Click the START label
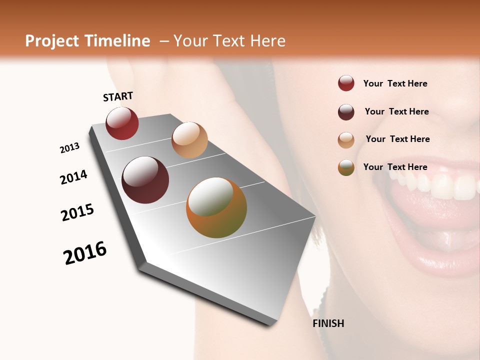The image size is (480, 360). coord(118,96)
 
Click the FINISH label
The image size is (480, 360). coord(328,323)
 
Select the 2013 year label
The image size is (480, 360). coord(70,148)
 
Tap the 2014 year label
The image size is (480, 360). coord(74,177)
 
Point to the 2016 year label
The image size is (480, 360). coord(85,253)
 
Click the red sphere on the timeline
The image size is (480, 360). coord(122,123)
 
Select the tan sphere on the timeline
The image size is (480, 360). coord(189,140)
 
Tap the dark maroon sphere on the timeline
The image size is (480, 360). coord(145,180)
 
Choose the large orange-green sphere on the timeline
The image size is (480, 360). coord(216,207)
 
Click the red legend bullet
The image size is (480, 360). coord(346,83)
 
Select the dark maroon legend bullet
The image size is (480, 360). coord(346,112)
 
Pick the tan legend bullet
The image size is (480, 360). coord(346,140)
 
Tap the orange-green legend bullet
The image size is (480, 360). coord(346,167)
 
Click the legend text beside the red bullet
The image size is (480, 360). coord(395,83)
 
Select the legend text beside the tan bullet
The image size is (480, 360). coord(397,139)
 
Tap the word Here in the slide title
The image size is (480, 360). coord(267,41)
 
